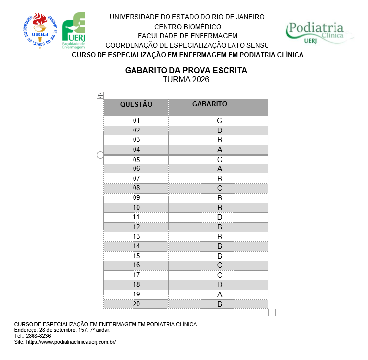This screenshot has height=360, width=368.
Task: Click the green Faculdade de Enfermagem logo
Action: pyautogui.click(x=73, y=31)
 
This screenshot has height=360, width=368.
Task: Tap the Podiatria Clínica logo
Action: pyautogui.click(x=319, y=33)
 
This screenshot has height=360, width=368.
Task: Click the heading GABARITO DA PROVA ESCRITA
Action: pyautogui.click(x=186, y=71)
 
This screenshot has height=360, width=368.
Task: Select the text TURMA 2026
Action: pyautogui.click(x=186, y=80)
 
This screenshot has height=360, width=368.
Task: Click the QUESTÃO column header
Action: pyautogui.click(x=136, y=104)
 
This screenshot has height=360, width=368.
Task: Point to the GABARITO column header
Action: pyautogui.click(x=209, y=104)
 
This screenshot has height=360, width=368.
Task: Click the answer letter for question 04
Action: pyautogui.click(x=220, y=150)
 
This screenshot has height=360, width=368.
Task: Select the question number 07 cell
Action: pyautogui.click(x=136, y=178)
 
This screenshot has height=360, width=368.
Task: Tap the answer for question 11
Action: pyautogui.click(x=220, y=217)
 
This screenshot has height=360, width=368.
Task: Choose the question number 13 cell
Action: pyautogui.click(x=136, y=236)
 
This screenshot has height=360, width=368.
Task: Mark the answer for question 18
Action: pyautogui.click(x=220, y=285)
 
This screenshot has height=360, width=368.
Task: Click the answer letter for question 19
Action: pyautogui.click(x=220, y=295)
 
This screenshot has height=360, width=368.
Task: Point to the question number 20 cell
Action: pyautogui.click(x=136, y=304)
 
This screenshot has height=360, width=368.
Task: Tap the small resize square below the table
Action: pyautogui.click(x=272, y=312)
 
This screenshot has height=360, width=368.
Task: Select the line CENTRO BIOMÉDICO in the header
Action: pyautogui.click(x=187, y=27)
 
